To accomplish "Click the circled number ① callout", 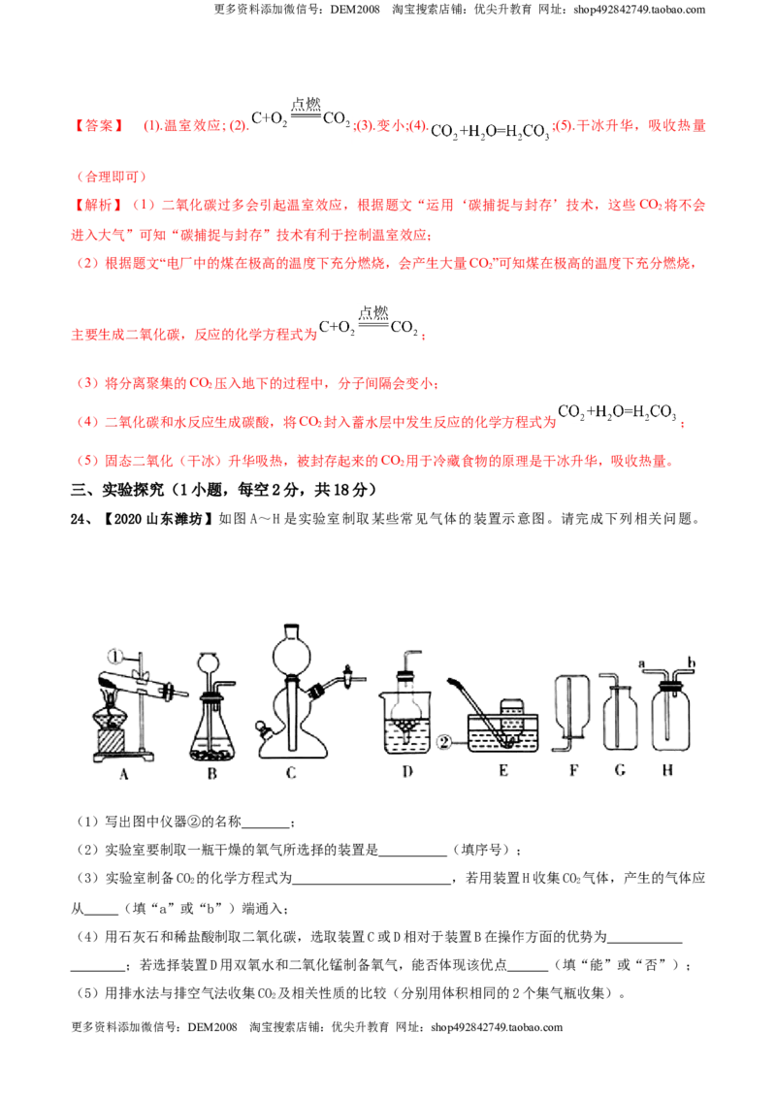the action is point(114,656).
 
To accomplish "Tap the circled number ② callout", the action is point(444,742).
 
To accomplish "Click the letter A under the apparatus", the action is point(124,774).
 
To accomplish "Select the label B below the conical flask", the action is point(212,774).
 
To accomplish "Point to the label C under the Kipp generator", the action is point(291,773).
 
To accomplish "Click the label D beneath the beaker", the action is point(407,772).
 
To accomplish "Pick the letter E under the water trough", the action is point(502,771).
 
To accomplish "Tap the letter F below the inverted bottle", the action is point(573,770).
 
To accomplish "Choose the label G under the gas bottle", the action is point(620,770).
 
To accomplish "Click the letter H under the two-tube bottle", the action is point(667,770).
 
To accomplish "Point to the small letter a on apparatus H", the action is point(642,662).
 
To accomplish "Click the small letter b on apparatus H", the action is point(692,662).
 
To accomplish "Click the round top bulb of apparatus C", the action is point(291,652).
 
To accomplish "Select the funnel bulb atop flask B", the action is point(208,662).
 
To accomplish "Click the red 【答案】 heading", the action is point(99,126).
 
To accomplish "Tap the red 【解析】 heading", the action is point(99,206).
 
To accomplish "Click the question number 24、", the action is point(81,519).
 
